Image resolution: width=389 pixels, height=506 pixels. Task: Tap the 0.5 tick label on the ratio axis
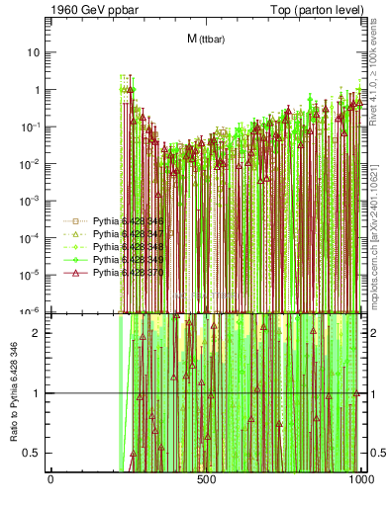pos(35,453)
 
